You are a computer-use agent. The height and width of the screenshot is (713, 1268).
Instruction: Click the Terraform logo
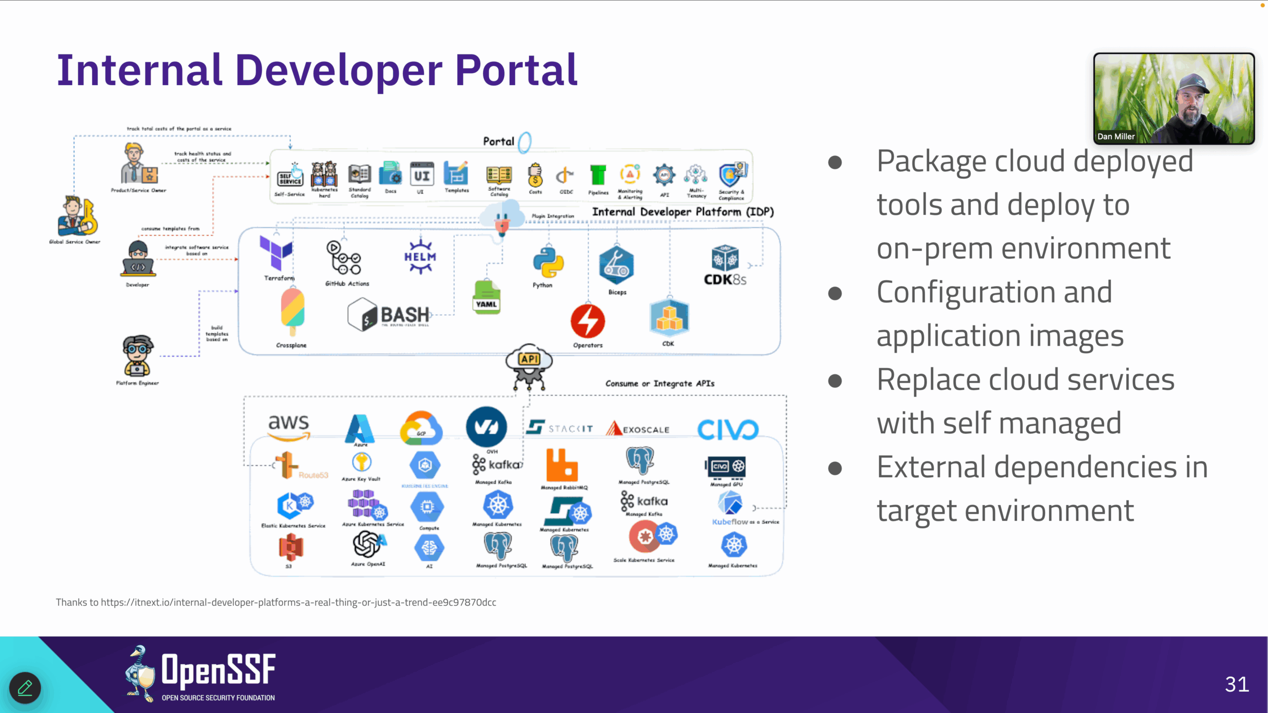(x=275, y=253)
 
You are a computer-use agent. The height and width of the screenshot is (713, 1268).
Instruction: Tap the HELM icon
(x=420, y=257)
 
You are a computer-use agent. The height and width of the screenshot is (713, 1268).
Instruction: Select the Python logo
(x=548, y=262)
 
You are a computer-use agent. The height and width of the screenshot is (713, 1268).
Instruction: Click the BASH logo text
(x=405, y=315)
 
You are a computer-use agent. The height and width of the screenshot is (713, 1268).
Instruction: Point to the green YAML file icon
(x=486, y=297)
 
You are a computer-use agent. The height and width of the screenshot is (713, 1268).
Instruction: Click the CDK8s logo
(x=725, y=265)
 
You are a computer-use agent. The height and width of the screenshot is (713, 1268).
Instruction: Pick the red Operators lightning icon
(x=587, y=321)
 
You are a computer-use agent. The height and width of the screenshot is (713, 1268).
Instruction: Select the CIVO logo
(x=728, y=429)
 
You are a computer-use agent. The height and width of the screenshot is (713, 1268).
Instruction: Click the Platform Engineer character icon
(x=138, y=356)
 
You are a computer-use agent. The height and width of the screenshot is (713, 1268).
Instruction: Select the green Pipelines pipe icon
(x=598, y=175)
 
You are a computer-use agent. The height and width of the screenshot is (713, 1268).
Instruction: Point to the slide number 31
(x=1237, y=684)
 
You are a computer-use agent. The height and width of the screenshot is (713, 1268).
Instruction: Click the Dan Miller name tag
(x=1115, y=137)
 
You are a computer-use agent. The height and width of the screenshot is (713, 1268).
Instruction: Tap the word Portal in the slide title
(x=516, y=71)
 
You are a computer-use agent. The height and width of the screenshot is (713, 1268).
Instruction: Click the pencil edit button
(x=25, y=687)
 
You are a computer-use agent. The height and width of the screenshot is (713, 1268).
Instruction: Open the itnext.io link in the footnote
(x=298, y=602)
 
